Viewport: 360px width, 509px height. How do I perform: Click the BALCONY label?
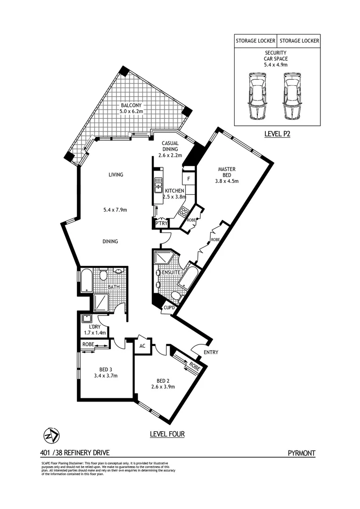pos(131,105)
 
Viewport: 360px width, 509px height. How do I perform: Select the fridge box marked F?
pos(188,179)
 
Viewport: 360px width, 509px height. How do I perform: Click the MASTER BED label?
pos(227,169)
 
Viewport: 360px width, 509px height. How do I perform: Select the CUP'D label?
pos(169,308)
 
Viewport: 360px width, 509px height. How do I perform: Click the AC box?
pos(142,345)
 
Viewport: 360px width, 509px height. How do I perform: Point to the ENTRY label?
pos(211,352)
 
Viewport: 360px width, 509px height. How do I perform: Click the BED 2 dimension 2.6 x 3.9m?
pos(163,387)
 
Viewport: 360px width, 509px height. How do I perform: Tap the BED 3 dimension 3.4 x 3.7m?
pos(105,376)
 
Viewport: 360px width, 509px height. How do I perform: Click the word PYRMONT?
pos(301,453)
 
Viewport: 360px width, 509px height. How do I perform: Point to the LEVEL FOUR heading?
pos(167,434)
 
